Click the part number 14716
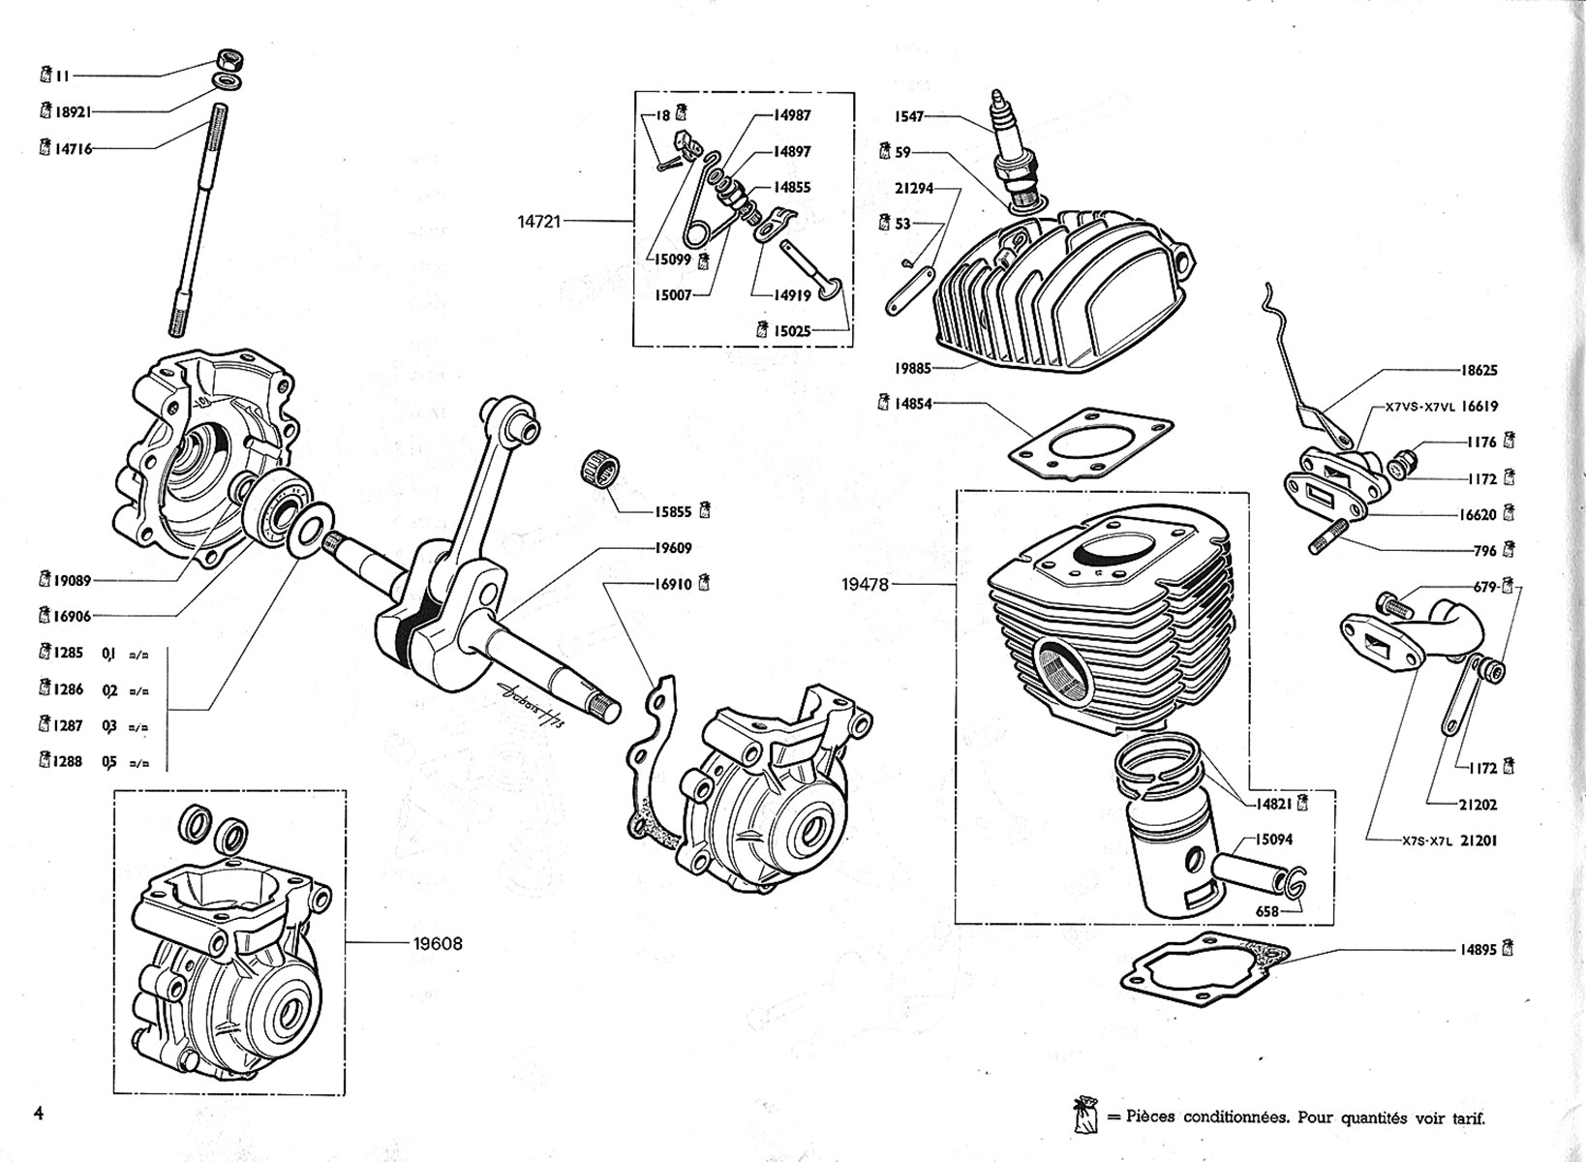click(72, 149)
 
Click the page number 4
click(39, 1112)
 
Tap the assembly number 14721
click(539, 222)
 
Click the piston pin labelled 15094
click(1249, 869)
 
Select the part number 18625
click(1479, 370)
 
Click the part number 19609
click(672, 548)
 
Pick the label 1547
click(910, 116)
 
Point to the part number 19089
click(72, 580)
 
